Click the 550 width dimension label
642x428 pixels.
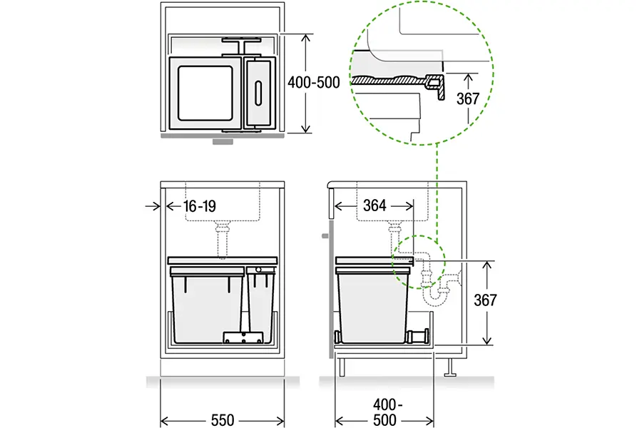tap(223, 420)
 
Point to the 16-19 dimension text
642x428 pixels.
tap(200, 206)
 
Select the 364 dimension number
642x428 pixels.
tap(374, 205)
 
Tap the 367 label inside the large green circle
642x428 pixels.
tap(467, 98)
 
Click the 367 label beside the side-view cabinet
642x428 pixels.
tap(485, 300)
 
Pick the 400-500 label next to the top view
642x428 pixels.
tap(314, 83)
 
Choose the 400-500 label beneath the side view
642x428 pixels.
tap(385, 412)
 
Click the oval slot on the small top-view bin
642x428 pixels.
tap(258, 93)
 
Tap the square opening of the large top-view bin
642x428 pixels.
tap(205, 93)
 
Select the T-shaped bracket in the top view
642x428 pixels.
tap(242, 46)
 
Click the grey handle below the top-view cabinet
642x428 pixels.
tap(223, 142)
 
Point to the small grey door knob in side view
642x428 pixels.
tap(325, 236)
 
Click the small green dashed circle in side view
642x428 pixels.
tap(419, 262)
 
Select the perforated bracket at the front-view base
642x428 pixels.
tap(243, 337)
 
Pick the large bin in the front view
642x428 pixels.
tap(207, 305)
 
